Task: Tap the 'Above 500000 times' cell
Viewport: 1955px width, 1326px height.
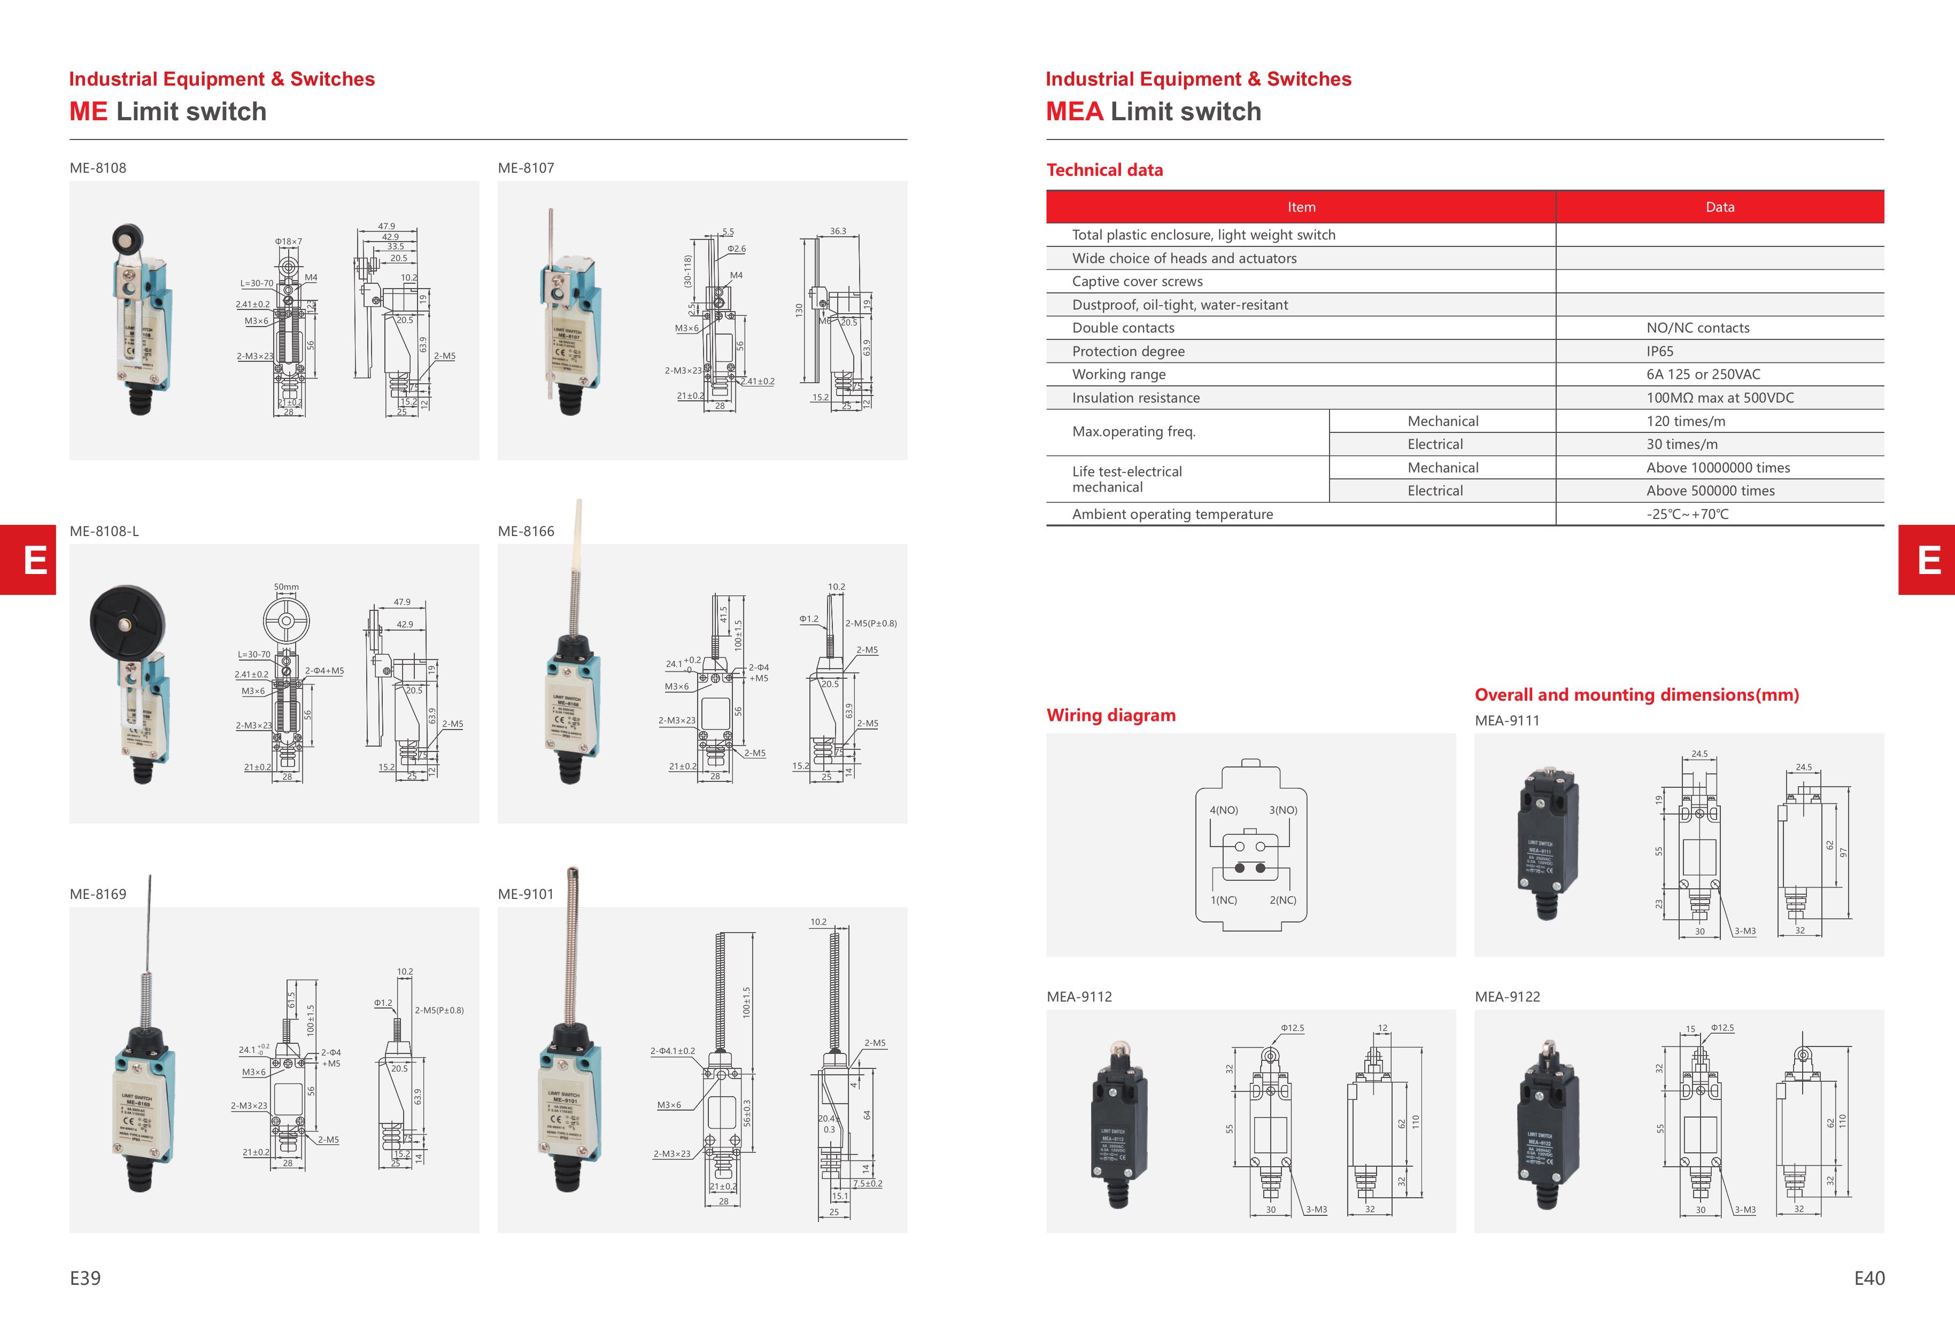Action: click(x=1710, y=491)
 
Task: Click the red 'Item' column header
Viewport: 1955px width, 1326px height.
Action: click(x=1301, y=207)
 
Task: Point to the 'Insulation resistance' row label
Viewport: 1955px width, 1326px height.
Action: click(x=1135, y=398)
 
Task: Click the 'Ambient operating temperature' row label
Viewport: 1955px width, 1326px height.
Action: click(x=1172, y=515)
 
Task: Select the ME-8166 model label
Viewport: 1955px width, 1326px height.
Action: click(x=526, y=531)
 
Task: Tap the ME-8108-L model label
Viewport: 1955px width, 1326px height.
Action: click(x=104, y=531)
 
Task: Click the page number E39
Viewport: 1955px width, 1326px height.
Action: click(x=85, y=1278)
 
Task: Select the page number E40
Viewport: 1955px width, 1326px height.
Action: click(x=1868, y=1278)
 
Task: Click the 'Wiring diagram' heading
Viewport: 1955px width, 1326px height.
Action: click(x=1110, y=716)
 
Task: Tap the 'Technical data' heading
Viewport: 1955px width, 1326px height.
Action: click(x=1104, y=170)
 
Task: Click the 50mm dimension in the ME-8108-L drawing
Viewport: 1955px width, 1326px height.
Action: click(x=286, y=587)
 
